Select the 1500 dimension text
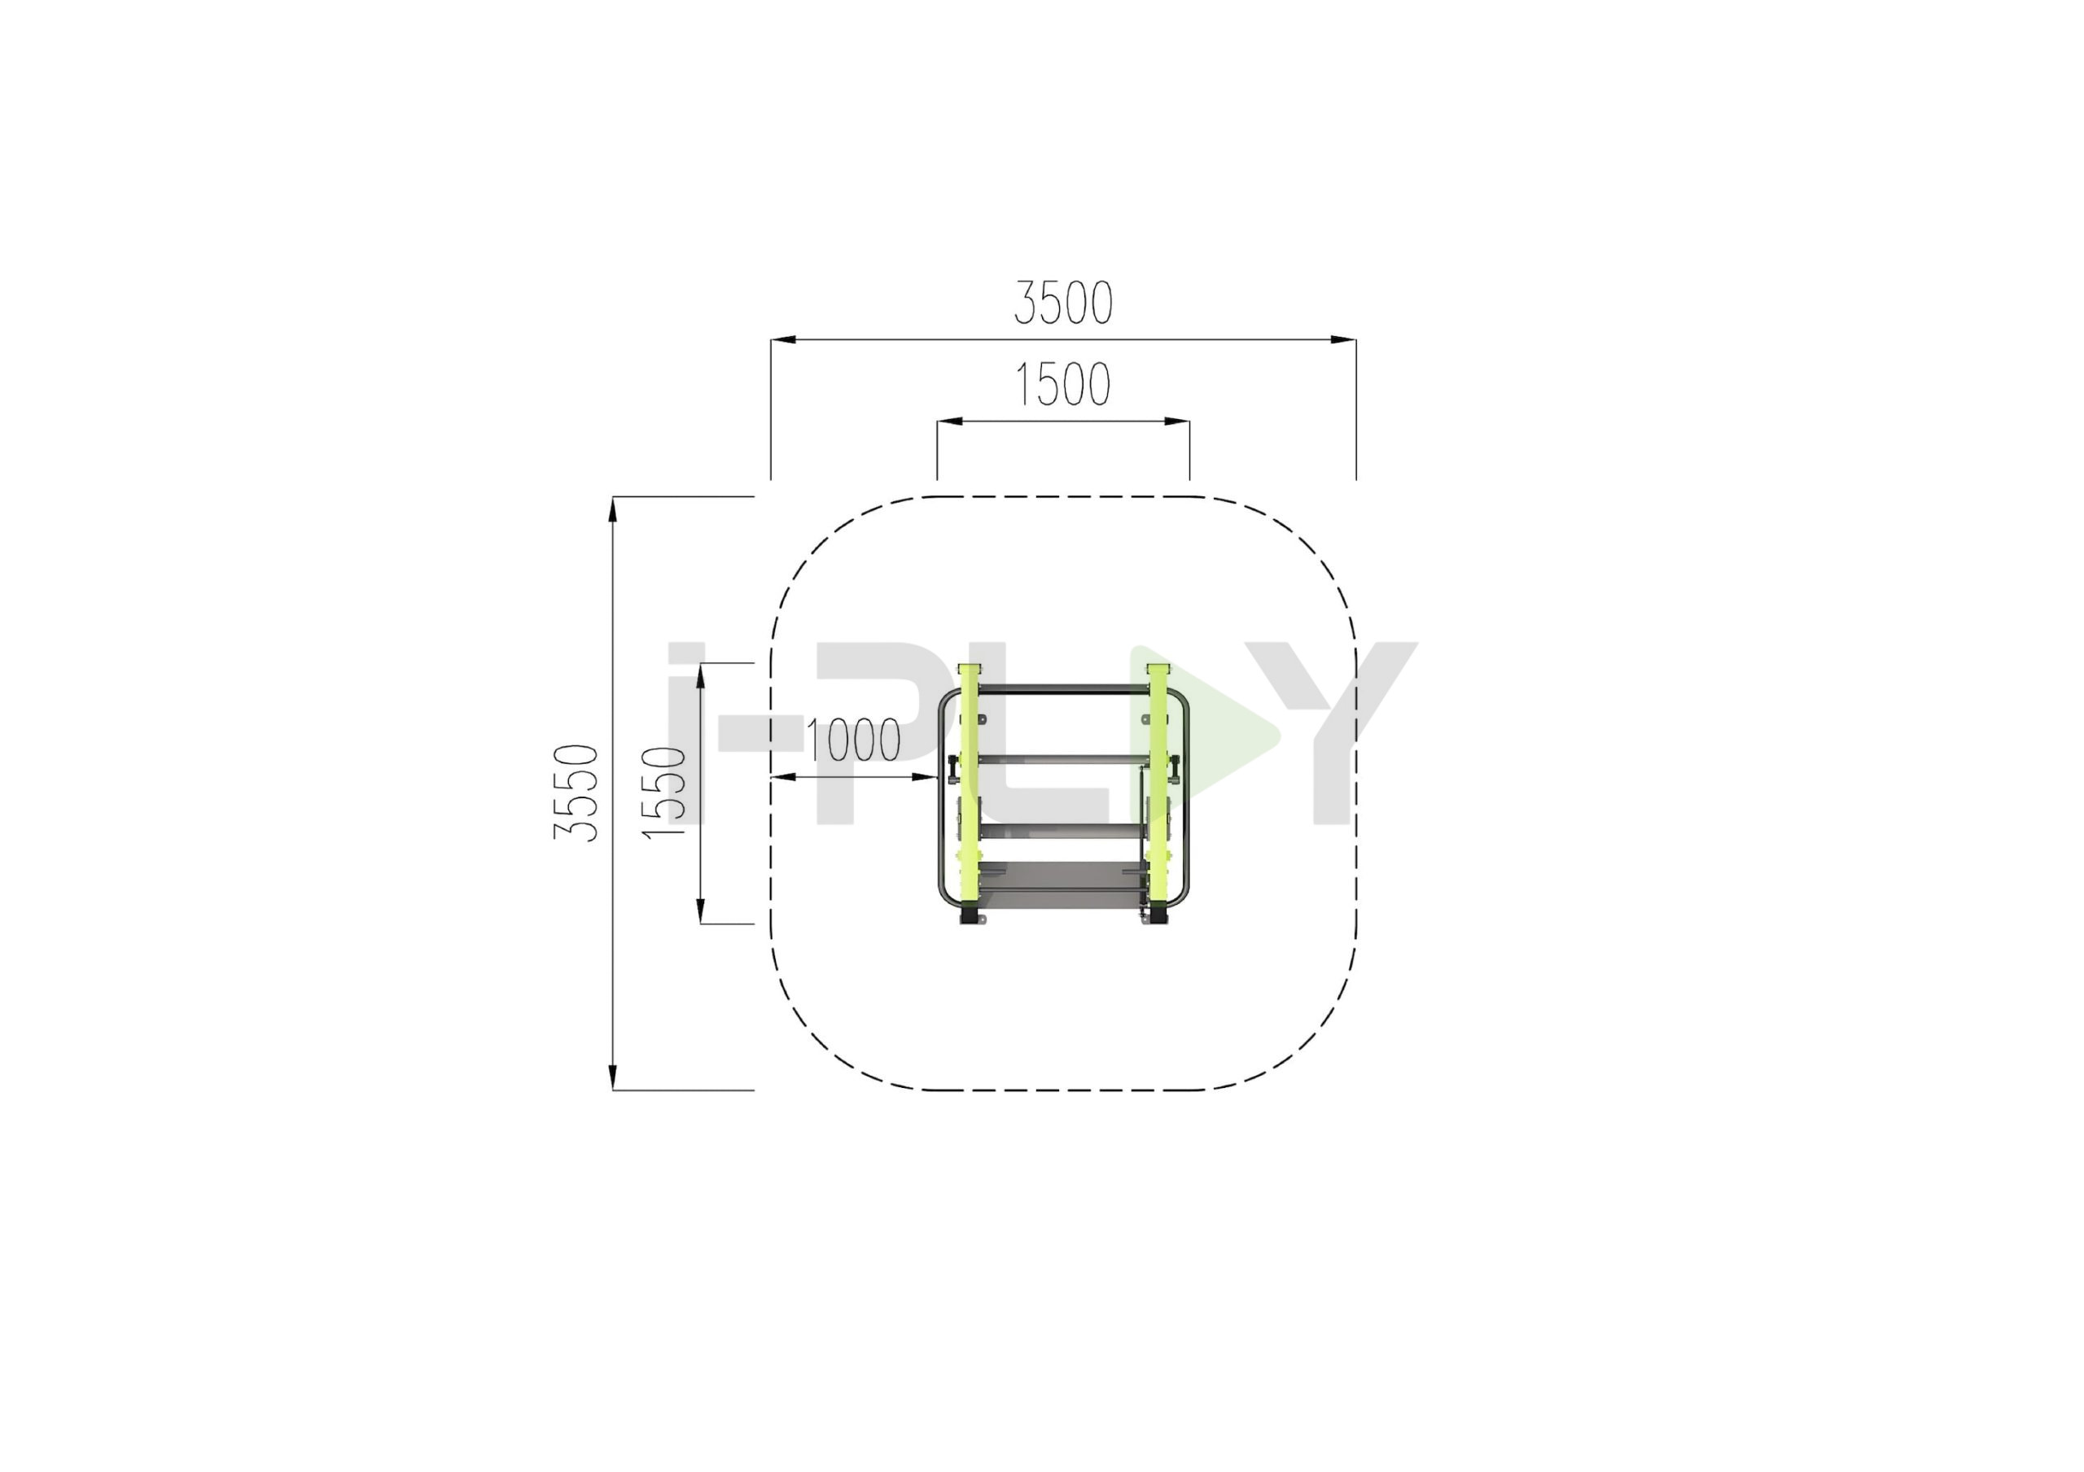(1062, 384)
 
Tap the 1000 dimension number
(853, 740)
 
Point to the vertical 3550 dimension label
(576, 793)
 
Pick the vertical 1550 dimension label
(663, 793)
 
